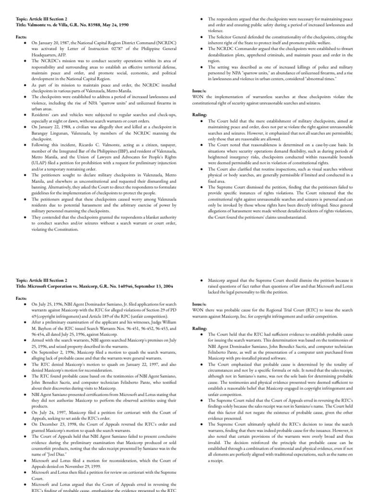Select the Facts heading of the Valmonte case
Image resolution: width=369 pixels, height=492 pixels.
click(x=22, y=37)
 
